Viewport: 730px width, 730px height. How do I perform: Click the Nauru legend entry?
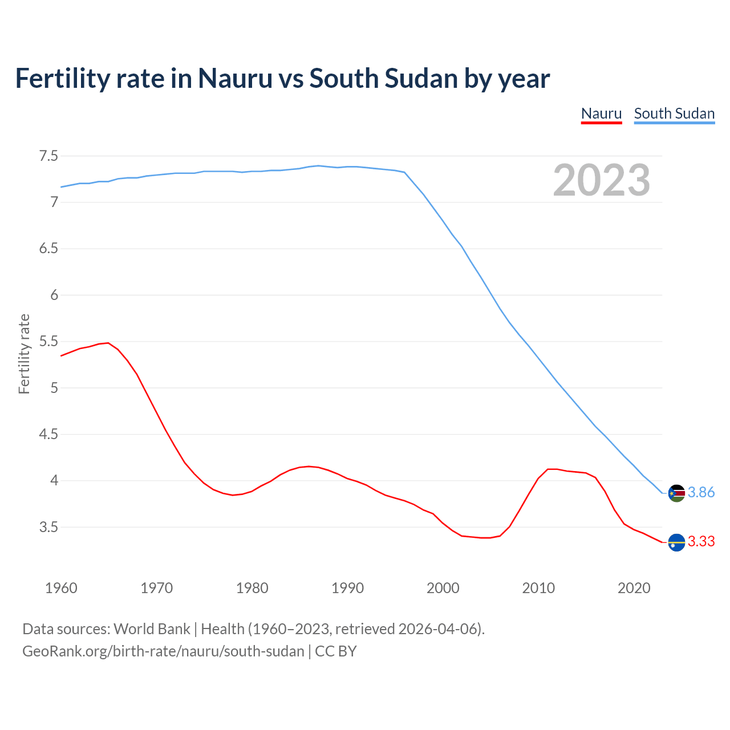coord(601,113)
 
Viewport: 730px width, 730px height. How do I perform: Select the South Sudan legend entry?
coord(674,113)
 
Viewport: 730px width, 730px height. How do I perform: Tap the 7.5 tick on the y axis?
coord(48,156)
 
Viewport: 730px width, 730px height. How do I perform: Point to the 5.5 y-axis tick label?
coord(48,342)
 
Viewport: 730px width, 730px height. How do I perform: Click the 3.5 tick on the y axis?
coord(48,528)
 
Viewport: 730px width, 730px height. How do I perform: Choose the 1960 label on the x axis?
coord(61,588)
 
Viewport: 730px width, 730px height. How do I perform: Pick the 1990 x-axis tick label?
coord(347,588)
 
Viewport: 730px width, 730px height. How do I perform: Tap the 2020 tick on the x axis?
coord(634,588)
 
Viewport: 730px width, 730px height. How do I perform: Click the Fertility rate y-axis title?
coord(24,354)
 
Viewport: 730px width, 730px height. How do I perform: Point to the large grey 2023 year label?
coord(602,180)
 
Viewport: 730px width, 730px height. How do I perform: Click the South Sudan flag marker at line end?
coord(676,493)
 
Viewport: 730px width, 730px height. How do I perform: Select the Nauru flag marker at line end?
coord(676,542)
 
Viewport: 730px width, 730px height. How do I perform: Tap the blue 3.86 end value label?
coord(701,493)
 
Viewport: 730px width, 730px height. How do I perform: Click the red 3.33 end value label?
coord(701,542)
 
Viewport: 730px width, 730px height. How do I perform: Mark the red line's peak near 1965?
coord(108,343)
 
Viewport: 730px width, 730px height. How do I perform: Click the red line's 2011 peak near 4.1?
coord(548,469)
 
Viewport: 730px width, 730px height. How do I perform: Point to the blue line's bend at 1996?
coord(404,172)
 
